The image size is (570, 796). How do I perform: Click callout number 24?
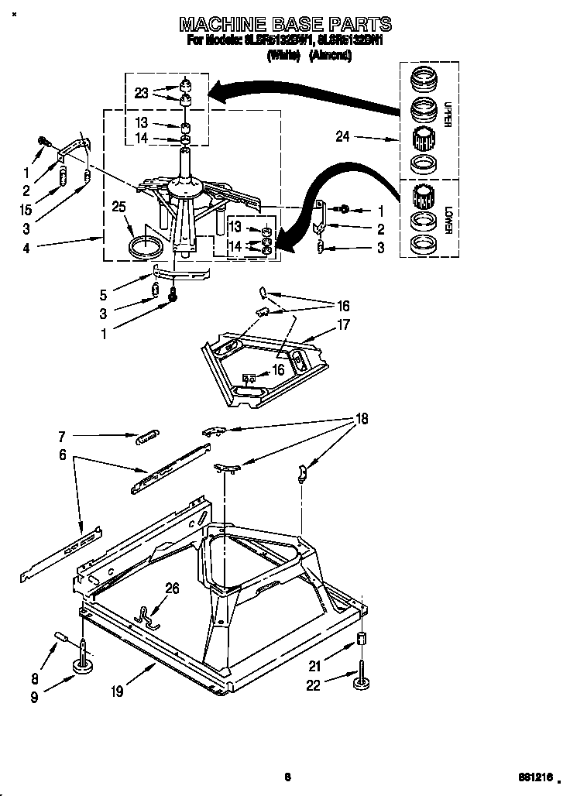click(343, 137)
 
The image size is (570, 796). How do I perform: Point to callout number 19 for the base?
click(116, 691)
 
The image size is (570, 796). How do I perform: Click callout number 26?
click(172, 588)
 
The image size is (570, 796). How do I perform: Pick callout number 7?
click(63, 437)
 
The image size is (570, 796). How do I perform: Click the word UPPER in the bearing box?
click(447, 113)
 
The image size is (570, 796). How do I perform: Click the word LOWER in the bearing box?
click(447, 218)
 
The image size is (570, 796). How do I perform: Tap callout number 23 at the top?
click(141, 92)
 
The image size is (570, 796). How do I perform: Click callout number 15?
click(26, 210)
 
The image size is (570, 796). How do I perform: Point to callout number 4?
click(26, 248)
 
